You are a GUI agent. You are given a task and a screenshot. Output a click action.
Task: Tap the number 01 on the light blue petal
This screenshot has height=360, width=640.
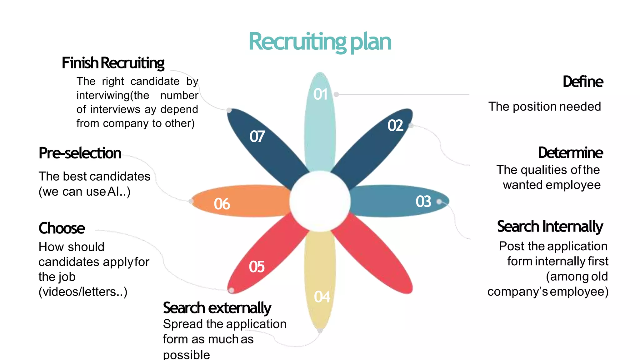[321, 94]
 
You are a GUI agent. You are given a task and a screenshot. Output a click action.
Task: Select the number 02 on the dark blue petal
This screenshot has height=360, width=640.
[395, 126]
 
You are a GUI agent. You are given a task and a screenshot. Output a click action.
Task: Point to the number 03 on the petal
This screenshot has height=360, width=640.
[423, 202]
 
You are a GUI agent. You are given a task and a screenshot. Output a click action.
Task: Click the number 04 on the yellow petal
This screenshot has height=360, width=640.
[322, 297]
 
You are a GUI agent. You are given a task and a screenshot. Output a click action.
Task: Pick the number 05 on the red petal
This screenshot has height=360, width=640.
[257, 267]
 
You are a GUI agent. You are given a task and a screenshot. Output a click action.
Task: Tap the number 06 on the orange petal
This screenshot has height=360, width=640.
[222, 204]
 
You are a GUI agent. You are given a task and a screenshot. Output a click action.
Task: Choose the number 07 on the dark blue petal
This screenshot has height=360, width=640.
[257, 137]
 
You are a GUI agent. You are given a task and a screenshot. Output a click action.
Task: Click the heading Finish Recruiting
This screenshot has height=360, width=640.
[113, 63]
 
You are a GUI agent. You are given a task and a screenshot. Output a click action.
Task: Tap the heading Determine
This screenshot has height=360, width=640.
[570, 153]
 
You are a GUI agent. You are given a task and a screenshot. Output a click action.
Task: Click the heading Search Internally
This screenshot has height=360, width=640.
[550, 227]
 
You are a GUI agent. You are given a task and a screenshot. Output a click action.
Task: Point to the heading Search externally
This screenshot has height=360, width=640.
[217, 308]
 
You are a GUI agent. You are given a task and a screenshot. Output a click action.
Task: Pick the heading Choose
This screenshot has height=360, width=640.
[62, 228]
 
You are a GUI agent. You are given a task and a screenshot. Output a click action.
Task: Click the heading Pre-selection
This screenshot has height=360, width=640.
[80, 153]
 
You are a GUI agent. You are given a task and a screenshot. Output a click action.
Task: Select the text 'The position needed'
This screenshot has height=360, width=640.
[544, 107]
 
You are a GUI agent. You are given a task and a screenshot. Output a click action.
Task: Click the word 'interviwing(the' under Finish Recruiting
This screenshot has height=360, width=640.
[113, 95]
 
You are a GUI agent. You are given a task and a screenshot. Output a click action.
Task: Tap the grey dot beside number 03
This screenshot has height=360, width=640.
[439, 202]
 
